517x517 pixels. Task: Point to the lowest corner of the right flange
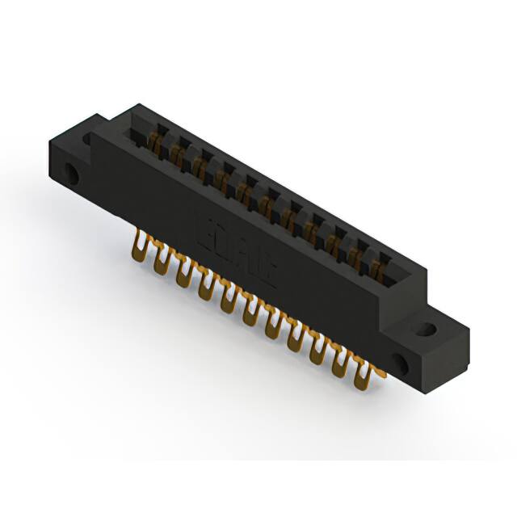[420, 385]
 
